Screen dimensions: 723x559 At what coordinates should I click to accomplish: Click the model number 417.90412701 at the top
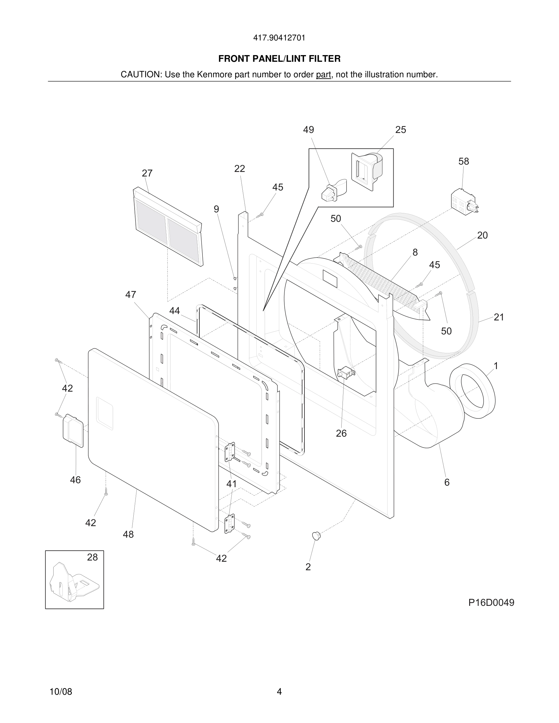pyautogui.click(x=279, y=38)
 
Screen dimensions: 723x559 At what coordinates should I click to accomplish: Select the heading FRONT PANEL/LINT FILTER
pyautogui.click(x=279, y=59)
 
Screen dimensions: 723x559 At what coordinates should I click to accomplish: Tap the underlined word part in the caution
pyautogui.click(x=323, y=75)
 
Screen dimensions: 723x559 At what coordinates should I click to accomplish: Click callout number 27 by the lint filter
pyautogui.click(x=147, y=173)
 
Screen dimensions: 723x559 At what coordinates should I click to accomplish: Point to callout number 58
pyautogui.click(x=464, y=162)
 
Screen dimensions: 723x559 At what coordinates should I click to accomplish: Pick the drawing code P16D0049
pyautogui.click(x=491, y=602)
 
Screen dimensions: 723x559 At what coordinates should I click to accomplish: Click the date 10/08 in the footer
pyautogui.click(x=61, y=692)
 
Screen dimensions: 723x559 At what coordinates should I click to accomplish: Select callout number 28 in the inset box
pyautogui.click(x=92, y=557)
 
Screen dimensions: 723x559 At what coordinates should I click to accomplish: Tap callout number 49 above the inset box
pyautogui.click(x=308, y=130)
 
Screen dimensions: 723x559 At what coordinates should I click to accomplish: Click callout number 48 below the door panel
pyautogui.click(x=128, y=534)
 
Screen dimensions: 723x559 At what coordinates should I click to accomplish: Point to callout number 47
pyautogui.click(x=131, y=295)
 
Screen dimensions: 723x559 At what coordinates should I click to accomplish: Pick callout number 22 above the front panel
pyautogui.click(x=239, y=169)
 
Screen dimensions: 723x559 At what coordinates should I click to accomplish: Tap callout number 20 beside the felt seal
pyautogui.click(x=482, y=236)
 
